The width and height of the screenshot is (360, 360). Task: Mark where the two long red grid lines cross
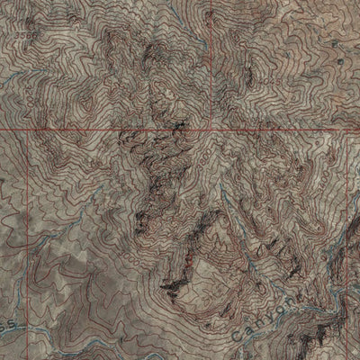(x=211, y=129)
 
